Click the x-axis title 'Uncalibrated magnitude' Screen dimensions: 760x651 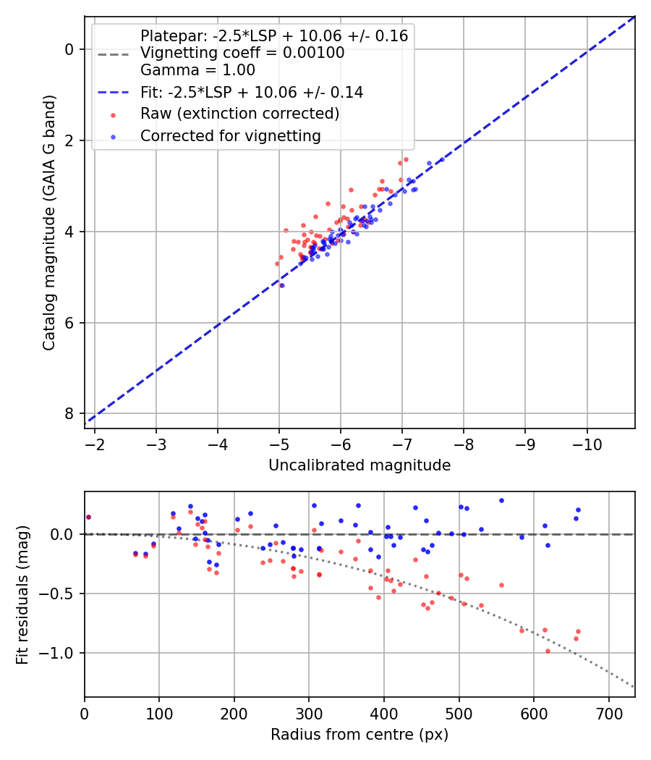click(x=359, y=465)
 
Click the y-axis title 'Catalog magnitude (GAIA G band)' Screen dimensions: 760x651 click(x=48, y=221)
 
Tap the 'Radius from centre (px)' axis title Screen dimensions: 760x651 click(x=359, y=735)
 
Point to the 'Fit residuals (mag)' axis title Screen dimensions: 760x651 click(x=22, y=595)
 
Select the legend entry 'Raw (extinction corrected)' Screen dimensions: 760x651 click(x=239, y=114)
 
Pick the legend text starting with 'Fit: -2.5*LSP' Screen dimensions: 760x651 click(x=252, y=92)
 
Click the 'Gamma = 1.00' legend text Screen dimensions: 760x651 click(x=197, y=70)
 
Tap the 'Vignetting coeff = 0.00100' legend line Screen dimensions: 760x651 click(x=242, y=53)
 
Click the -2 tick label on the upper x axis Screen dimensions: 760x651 click(x=95, y=444)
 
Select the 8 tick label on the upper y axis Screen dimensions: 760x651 click(x=69, y=413)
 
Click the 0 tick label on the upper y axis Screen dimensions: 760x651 click(x=69, y=49)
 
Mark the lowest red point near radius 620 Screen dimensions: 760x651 click(x=548, y=651)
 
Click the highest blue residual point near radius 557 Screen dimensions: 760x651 click(x=501, y=500)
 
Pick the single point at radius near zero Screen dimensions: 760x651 click(x=88, y=517)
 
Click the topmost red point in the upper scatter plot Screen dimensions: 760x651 click(x=406, y=159)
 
